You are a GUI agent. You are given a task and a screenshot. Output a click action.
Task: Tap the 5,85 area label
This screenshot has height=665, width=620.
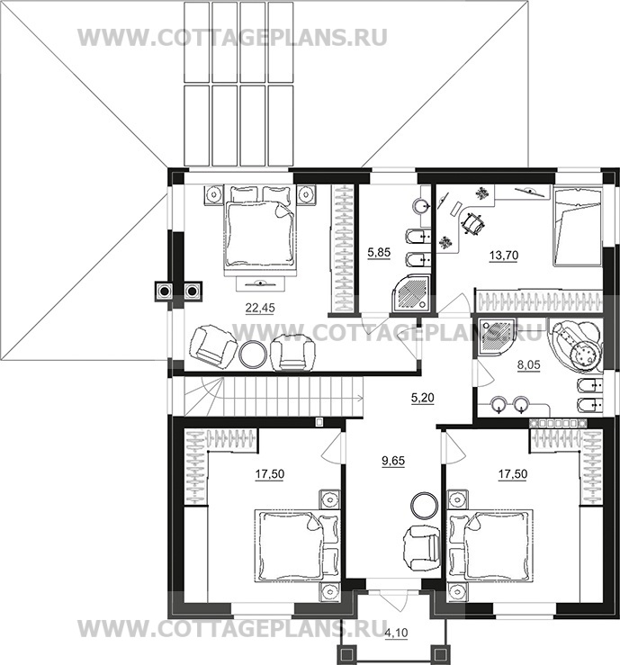pyautogui.click(x=379, y=255)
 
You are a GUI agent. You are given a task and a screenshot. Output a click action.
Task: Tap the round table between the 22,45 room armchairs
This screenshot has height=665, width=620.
pyautogui.click(x=252, y=354)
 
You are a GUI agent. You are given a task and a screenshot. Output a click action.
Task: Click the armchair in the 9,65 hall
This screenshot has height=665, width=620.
pyautogui.click(x=418, y=545)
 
